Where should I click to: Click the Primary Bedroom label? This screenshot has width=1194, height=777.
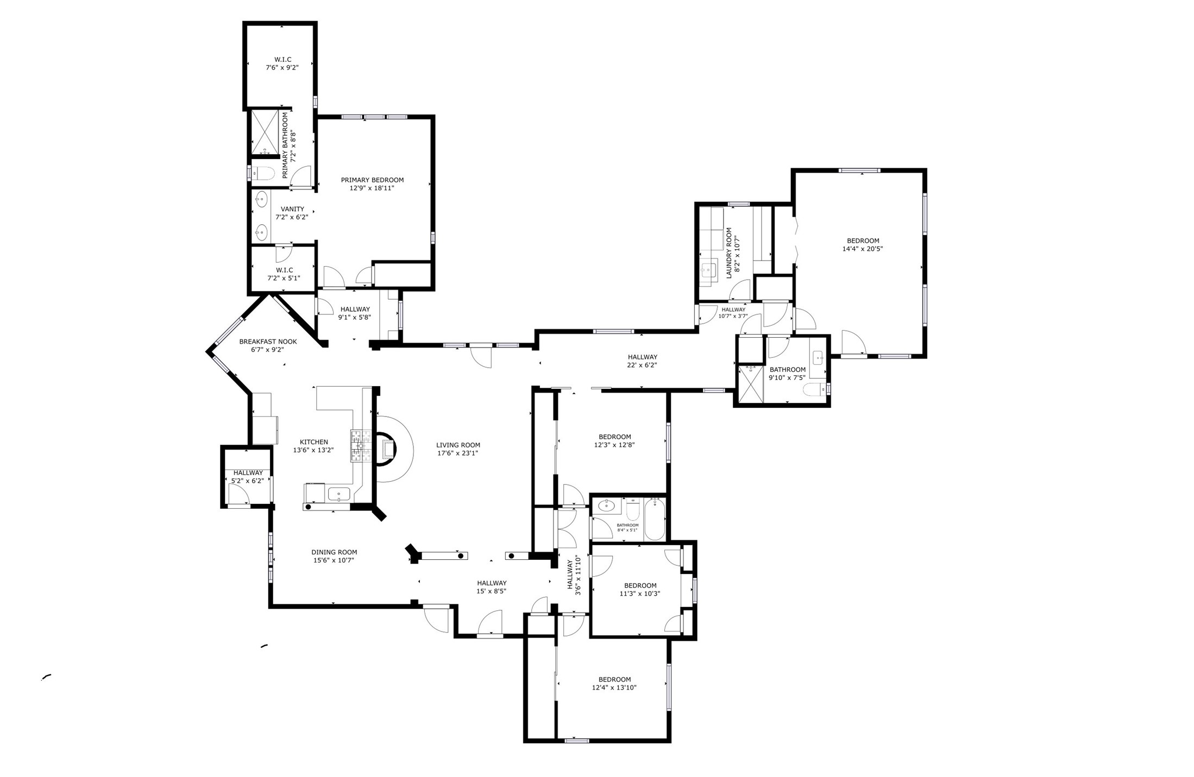click(372, 180)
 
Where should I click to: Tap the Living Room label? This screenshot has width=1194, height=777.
click(458, 445)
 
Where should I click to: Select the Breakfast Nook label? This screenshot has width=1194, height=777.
click(268, 342)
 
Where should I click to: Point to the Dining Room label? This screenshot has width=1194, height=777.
click(334, 552)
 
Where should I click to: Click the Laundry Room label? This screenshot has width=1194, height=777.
click(729, 253)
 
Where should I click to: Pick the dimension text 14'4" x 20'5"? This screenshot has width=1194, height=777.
click(863, 249)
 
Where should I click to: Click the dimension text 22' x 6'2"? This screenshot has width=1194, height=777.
click(642, 365)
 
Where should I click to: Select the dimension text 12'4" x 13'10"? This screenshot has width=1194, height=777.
click(614, 688)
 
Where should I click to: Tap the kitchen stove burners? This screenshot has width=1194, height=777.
click(360, 446)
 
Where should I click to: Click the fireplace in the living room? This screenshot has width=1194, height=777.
click(387, 449)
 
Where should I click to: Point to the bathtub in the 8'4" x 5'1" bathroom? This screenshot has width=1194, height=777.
click(655, 520)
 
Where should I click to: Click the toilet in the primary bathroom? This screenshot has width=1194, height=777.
click(263, 173)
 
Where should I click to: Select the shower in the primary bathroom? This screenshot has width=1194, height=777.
click(265, 132)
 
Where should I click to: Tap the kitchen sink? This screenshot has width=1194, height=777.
click(339, 494)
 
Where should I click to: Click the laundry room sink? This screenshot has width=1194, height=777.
click(708, 269)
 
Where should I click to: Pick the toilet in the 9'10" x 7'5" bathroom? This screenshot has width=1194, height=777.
click(815, 389)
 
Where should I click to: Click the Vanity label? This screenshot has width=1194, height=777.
click(292, 209)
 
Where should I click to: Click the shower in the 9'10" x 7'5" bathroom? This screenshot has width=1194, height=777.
click(751, 384)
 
